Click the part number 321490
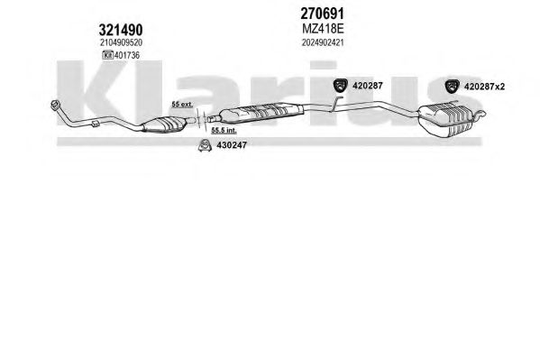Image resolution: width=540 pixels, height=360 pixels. [121, 30]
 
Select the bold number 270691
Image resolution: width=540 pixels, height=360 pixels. [323, 14]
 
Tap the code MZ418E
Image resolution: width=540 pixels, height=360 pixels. [323, 29]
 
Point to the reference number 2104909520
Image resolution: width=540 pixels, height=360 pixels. [121, 42]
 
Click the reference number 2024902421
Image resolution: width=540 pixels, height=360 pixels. [323, 42]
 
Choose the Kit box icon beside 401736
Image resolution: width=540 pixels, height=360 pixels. [108, 55]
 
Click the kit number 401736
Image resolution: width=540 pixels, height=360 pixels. [127, 55]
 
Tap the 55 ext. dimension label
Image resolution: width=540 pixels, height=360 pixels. [182, 104]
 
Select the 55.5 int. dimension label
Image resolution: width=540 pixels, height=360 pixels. [224, 130]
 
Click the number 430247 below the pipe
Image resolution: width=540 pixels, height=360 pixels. [232, 145]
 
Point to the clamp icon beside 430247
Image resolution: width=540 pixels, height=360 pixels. [205, 145]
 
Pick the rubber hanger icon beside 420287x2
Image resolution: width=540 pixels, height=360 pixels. [452, 87]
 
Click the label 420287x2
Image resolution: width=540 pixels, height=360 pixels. [484, 87]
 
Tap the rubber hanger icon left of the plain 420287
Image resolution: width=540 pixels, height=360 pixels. [340, 86]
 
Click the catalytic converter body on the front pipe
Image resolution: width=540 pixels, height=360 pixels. [165, 125]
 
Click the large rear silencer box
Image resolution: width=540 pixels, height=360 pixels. [445, 119]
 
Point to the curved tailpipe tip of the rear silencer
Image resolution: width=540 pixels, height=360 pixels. [480, 115]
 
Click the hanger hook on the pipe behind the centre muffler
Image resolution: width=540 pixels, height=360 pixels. [334, 104]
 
